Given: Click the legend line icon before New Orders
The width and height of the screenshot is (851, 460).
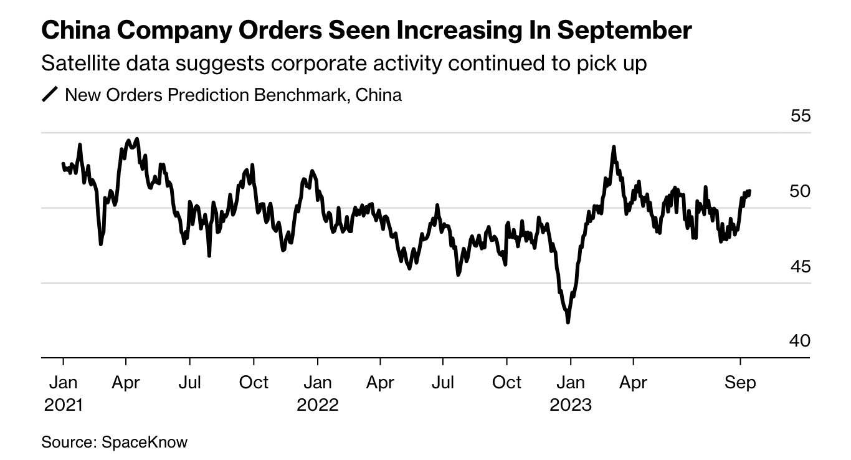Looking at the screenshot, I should [x=50, y=95].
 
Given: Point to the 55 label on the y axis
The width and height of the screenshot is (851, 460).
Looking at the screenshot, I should [x=799, y=116].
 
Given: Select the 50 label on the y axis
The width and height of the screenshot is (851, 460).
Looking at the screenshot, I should [x=799, y=191].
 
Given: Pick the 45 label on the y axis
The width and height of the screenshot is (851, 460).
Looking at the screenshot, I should [x=799, y=266].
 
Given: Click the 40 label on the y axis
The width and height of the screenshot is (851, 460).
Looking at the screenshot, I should [x=799, y=341].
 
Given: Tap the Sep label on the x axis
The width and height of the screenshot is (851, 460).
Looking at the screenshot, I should [x=740, y=382].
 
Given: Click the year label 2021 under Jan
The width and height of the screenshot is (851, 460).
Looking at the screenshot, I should [x=63, y=405].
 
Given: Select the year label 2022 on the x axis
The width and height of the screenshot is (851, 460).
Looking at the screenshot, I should [x=317, y=405].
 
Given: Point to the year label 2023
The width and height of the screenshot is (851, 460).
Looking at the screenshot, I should [x=570, y=405].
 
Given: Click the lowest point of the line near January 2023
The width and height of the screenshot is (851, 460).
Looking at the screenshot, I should [x=568, y=322].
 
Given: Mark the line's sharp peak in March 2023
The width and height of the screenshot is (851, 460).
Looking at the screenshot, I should [x=614, y=147].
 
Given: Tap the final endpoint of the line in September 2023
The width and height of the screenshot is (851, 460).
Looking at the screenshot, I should [x=750, y=191].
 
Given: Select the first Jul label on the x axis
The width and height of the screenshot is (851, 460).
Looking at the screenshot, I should [x=189, y=382].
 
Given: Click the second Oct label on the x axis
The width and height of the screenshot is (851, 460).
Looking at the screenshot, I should [x=506, y=382].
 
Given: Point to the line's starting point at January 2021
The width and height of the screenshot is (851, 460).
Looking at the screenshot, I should [x=63, y=163].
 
